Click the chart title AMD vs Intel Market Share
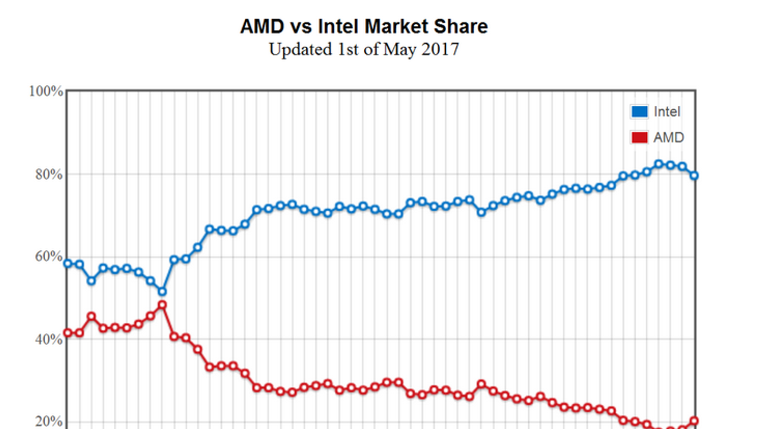(x=364, y=26)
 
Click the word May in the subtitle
(x=399, y=50)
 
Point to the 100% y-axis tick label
(x=46, y=91)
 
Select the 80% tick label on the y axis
(x=49, y=174)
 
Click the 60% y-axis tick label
(x=49, y=256)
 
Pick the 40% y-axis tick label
(x=49, y=340)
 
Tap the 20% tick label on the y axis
(x=49, y=421)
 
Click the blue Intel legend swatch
(x=639, y=112)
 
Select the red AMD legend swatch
(x=639, y=137)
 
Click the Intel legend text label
(x=667, y=112)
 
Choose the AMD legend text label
(x=669, y=137)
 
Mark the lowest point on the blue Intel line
(x=162, y=291)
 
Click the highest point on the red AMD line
(x=162, y=305)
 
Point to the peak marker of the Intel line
(x=659, y=164)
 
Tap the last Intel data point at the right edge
(x=694, y=175)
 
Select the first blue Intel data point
(x=68, y=263)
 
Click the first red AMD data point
(x=68, y=333)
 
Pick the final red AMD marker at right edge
(x=694, y=421)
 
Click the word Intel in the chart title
(x=341, y=26)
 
